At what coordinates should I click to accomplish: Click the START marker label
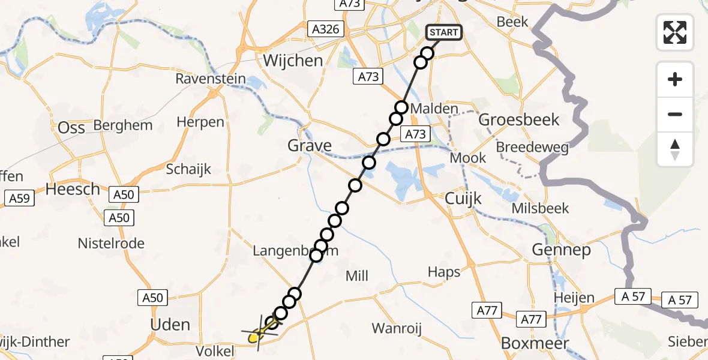coord(444,32)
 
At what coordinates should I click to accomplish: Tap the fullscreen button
coord(675,32)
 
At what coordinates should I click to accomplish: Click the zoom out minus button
coord(675,114)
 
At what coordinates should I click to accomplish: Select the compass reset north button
coord(675,149)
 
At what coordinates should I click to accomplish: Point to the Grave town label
coord(310,145)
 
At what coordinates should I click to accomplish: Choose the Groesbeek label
coord(519,119)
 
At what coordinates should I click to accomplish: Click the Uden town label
coord(171,325)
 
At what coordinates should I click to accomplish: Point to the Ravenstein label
coord(211,79)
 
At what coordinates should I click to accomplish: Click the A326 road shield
coord(325,29)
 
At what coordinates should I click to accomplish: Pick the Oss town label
coord(71,127)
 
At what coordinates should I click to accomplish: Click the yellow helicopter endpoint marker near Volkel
coord(254,337)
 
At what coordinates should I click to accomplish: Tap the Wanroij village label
coord(397,328)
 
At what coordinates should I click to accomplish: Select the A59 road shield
coord(19,198)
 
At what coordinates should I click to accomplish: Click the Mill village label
coord(357,276)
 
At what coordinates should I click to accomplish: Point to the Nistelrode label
coord(111,243)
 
